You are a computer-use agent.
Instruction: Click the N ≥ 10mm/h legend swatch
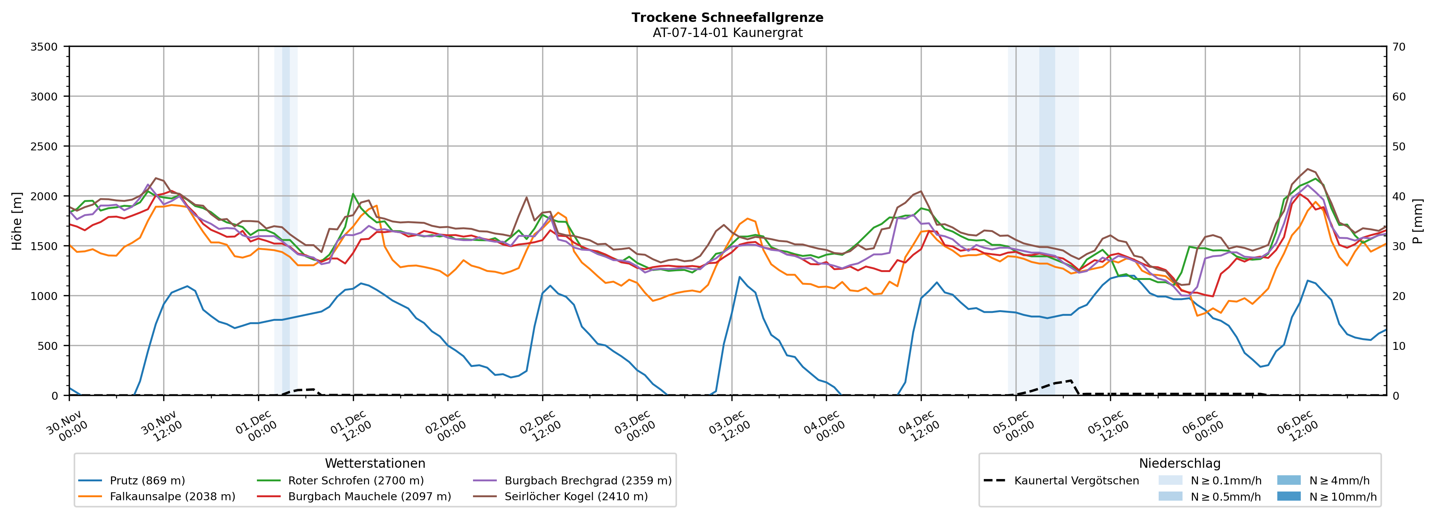tap(1288, 496)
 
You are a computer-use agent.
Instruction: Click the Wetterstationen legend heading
tap(375, 463)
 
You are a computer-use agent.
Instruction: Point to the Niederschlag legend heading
tap(1179, 463)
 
